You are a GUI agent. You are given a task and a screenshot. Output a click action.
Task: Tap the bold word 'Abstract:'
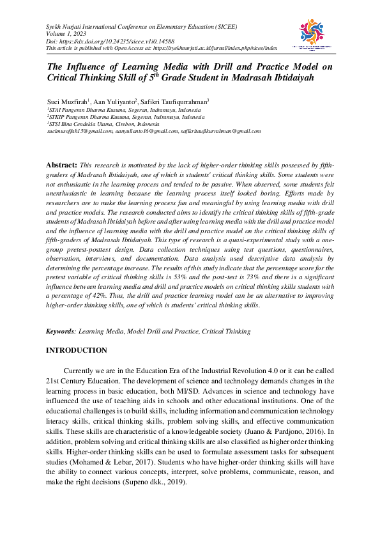[62, 165]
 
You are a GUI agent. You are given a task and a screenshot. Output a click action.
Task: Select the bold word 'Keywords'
[61, 332]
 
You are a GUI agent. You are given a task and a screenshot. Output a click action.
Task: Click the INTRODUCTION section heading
[77, 351]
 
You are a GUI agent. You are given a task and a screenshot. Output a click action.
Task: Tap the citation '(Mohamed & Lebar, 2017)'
[104, 461]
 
